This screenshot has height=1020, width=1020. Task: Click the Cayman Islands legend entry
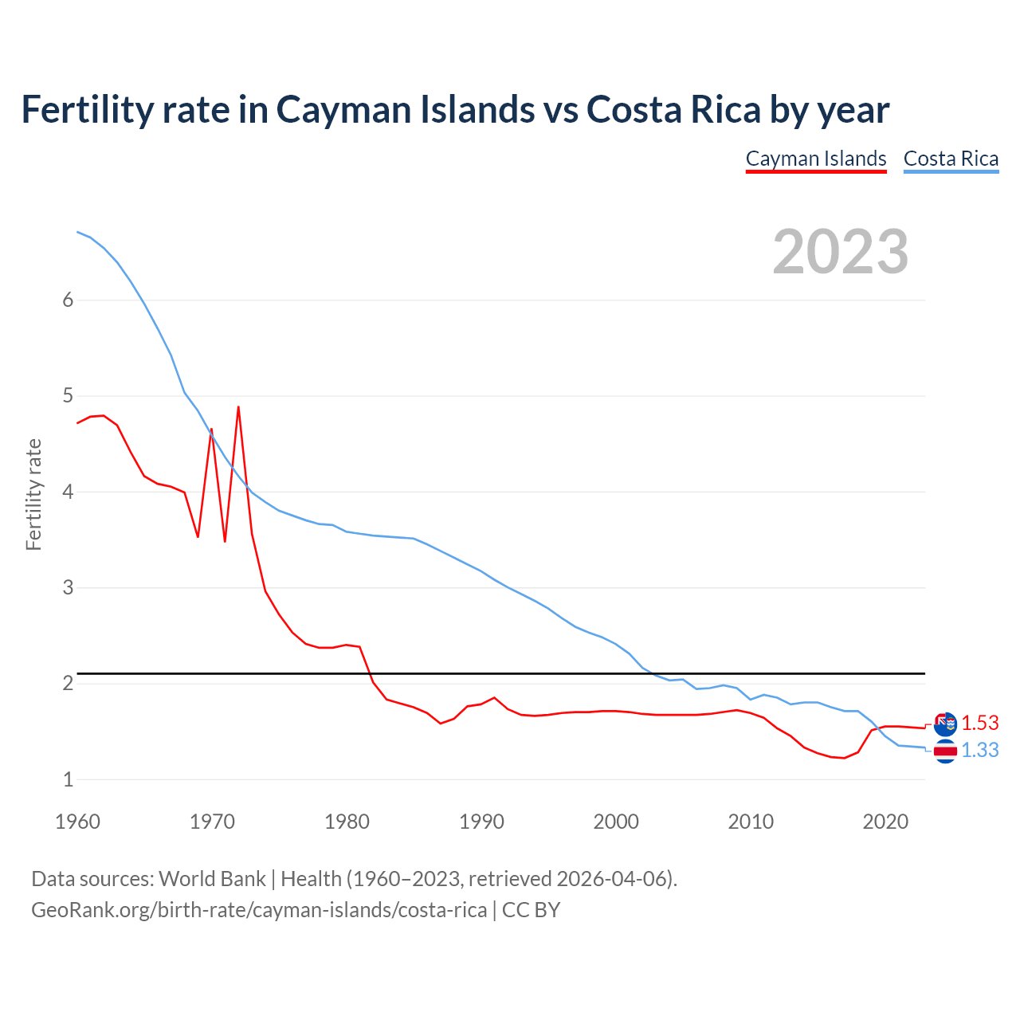816,159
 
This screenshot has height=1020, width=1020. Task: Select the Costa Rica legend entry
951,159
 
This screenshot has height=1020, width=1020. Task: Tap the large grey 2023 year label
841,252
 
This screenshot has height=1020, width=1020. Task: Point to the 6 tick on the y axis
68,300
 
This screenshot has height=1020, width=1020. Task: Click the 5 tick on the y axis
68,396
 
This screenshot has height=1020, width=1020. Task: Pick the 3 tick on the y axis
68,588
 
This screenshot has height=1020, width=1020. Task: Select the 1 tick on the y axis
68,780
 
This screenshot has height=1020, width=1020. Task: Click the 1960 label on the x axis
77,822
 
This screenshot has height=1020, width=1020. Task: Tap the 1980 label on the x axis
347,822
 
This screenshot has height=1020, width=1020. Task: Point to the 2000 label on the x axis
616,822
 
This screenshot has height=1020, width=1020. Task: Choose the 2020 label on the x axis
885,822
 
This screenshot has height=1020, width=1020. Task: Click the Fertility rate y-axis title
33,494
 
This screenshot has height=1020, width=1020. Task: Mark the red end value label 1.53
979,723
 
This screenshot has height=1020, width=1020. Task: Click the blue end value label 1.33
979,751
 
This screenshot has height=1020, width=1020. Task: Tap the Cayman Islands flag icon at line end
945,724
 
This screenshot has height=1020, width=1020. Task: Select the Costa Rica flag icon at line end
945,751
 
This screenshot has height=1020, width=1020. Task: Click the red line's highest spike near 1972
238,407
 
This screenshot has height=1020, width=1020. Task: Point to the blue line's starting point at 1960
77,232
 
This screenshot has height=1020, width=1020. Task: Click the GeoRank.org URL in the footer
259,910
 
